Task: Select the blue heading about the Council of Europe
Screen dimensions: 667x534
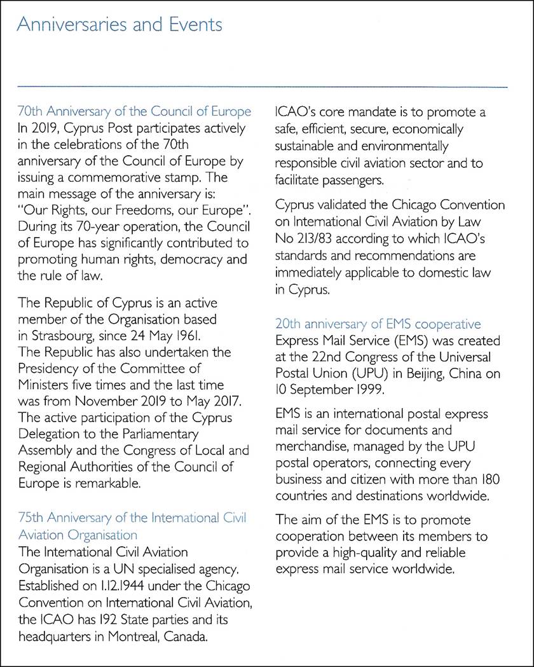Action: point(135,112)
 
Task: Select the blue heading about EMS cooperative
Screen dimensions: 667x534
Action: point(378,324)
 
